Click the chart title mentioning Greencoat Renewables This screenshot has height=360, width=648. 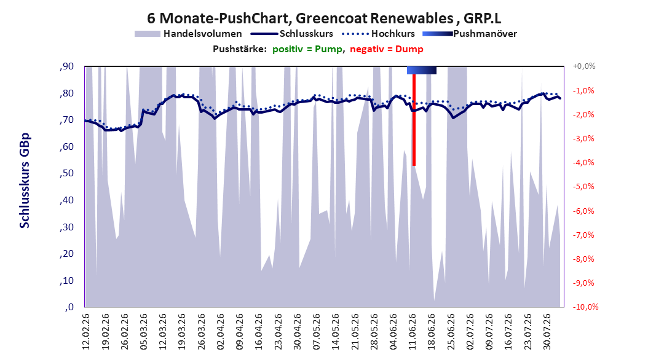pyautogui.click(x=324, y=18)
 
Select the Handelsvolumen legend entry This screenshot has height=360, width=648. pyautogui.click(x=189, y=34)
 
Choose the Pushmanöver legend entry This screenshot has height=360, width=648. pyautogui.click(x=470, y=34)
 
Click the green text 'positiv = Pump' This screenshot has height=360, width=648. pyautogui.click(x=307, y=49)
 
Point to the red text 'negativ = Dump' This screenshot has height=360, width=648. pyautogui.click(x=387, y=49)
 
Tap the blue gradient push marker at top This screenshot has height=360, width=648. pyautogui.click(x=422, y=70)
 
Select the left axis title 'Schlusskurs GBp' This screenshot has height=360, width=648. pyautogui.click(x=25, y=181)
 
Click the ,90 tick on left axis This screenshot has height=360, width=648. pyautogui.click(x=66, y=66)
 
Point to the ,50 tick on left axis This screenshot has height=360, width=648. pyautogui.click(x=66, y=173)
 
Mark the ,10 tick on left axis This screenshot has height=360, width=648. pyautogui.click(x=66, y=281)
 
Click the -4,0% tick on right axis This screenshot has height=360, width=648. pyautogui.click(x=583, y=163)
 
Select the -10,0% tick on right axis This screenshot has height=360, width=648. pyautogui.click(x=585, y=307)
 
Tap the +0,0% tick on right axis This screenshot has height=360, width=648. pyautogui.click(x=584, y=66)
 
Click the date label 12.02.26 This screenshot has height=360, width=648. pyautogui.click(x=86, y=332)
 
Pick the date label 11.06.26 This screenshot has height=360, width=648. pyautogui.click(x=413, y=332)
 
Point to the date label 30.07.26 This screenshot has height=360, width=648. pyautogui.click(x=547, y=332)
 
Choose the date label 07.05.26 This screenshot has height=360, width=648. pyautogui.click(x=317, y=332)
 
